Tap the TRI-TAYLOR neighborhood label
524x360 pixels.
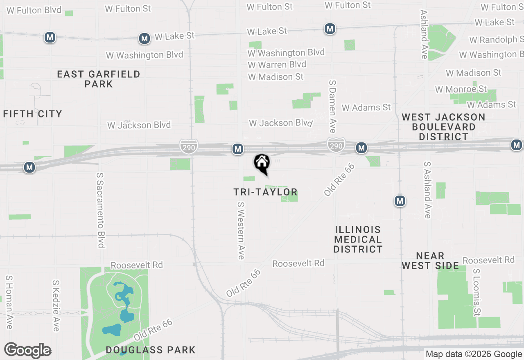[x=265, y=192]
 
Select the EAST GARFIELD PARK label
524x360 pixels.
[x=99, y=79]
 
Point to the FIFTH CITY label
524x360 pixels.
[x=33, y=114]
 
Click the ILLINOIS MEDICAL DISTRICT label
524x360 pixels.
[x=358, y=239]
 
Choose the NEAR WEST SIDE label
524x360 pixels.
[x=430, y=261]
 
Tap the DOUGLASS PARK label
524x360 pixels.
[x=150, y=350]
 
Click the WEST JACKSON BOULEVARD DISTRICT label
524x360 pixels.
[x=443, y=127]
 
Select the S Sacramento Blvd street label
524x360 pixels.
[x=100, y=209]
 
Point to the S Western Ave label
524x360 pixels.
[x=241, y=230]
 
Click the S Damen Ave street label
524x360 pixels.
[x=332, y=106]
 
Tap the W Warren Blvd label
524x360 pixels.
[x=277, y=65]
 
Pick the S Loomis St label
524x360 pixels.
[x=477, y=292]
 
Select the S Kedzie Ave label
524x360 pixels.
[x=56, y=305]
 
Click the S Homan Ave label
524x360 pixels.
[x=9, y=302]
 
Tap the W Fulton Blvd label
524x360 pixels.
[x=34, y=10]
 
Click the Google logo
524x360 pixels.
[x=27, y=351]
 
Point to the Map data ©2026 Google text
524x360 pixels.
[x=474, y=354]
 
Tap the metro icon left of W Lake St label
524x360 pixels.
[x=144, y=38]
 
